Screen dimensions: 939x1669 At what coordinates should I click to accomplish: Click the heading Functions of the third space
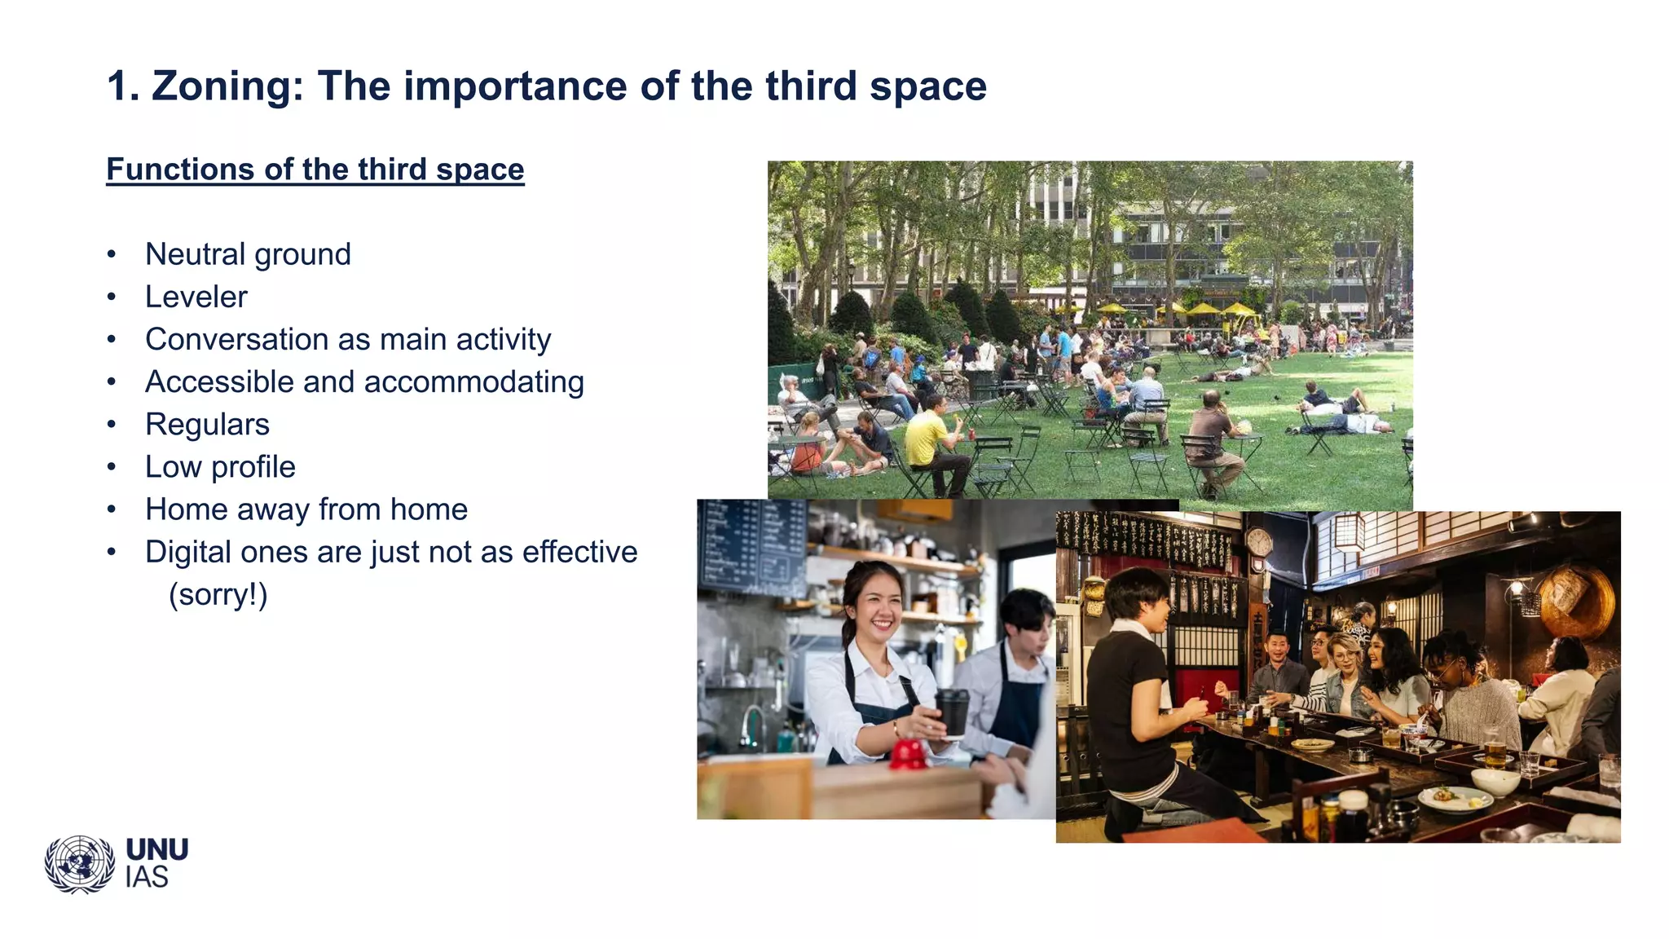click(315, 170)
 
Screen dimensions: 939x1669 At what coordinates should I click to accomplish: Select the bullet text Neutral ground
click(248, 254)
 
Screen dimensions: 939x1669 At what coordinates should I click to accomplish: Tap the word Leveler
click(196, 297)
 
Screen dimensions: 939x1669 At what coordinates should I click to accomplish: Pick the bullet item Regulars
click(207, 425)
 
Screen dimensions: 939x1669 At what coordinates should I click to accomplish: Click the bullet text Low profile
click(220, 467)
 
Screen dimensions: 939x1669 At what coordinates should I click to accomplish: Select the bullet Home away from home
click(306, 509)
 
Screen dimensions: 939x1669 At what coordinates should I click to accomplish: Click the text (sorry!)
click(218, 594)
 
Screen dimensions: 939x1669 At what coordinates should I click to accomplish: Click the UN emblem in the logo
click(79, 864)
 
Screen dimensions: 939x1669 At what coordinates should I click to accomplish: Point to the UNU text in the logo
click(157, 850)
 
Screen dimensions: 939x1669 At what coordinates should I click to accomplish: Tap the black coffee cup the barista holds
click(951, 711)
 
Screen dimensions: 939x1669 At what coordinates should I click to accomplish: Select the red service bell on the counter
click(908, 754)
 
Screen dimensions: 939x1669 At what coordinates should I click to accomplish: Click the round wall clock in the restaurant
click(1258, 541)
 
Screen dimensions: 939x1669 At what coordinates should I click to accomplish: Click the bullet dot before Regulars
click(112, 425)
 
